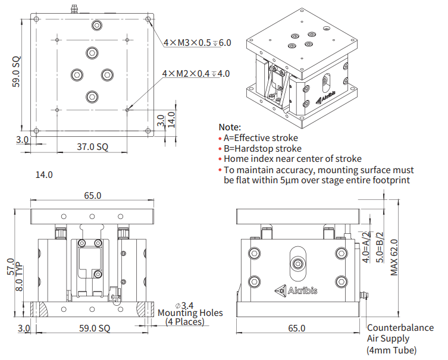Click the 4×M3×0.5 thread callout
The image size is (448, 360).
click(196, 43)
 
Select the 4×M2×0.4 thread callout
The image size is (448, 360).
click(196, 74)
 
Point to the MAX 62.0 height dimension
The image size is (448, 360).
click(394, 257)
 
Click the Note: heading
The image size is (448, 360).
click(230, 127)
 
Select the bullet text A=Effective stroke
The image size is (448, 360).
click(261, 138)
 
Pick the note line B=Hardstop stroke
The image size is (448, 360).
click(262, 149)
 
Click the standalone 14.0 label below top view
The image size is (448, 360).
click(44, 175)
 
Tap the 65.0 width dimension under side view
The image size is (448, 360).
click(296, 328)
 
